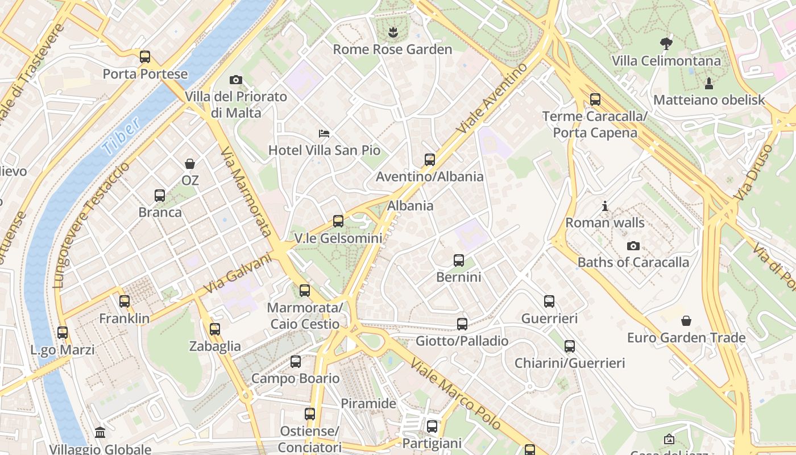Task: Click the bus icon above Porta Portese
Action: point(145,57)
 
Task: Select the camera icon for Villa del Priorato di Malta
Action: point(235,80)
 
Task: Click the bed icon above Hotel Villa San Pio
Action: point(324,134)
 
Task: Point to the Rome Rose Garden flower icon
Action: point(392,32)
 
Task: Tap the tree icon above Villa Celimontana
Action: point(666,44)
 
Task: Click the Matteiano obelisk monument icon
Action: point(709,84)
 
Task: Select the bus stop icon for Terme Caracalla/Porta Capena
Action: point(595,100)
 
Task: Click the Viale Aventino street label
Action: point(492,98)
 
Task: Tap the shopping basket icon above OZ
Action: point(190,164)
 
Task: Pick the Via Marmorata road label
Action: point(246,192)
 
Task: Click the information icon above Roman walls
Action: point(605,206)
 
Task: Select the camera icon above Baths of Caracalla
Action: point(633,246)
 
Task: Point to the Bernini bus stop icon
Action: point(459,260)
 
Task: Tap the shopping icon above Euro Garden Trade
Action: point(686,321)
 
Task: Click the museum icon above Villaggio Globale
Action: point(100,433)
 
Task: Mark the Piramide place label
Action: point(368,404)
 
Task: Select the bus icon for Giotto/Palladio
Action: point(462,324)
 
